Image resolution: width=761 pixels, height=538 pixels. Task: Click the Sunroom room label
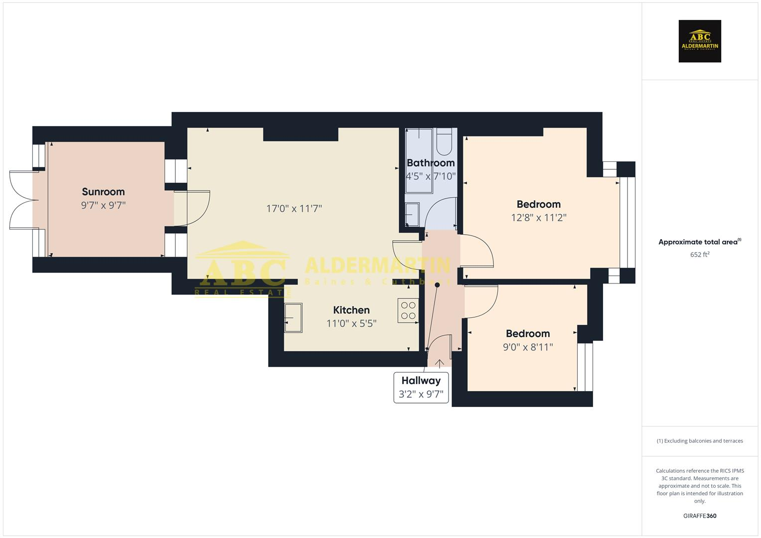tap(103, 192)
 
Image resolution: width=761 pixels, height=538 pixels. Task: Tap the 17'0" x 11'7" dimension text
tap(294, 209)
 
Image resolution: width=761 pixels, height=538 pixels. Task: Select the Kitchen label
tap(351, 310)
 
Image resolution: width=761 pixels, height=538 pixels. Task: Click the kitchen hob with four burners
tap(408, 310)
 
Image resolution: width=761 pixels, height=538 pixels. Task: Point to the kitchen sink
tap(293, 318)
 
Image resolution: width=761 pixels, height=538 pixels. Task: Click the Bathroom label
tap(431, 163)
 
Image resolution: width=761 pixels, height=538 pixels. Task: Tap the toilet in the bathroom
tap(444, 141)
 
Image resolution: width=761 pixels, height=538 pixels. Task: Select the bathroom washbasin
tap(412, 215)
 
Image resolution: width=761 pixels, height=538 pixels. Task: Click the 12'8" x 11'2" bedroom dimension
tap(538, 218)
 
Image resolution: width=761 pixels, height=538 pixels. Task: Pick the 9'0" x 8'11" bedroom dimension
tap(528, 347)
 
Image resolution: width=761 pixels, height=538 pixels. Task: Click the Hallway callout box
tap(421, 387)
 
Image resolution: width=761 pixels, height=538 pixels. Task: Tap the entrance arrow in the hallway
tap(440, 363)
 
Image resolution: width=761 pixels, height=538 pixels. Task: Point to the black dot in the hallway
tap(438, 285)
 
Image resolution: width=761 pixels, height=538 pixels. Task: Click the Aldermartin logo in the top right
tap(700, 41)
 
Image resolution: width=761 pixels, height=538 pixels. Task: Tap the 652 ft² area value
tap(700, 255)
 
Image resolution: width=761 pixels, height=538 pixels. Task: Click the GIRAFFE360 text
tap(700, 516)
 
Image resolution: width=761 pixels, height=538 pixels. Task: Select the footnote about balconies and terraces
tap(700, 441)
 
